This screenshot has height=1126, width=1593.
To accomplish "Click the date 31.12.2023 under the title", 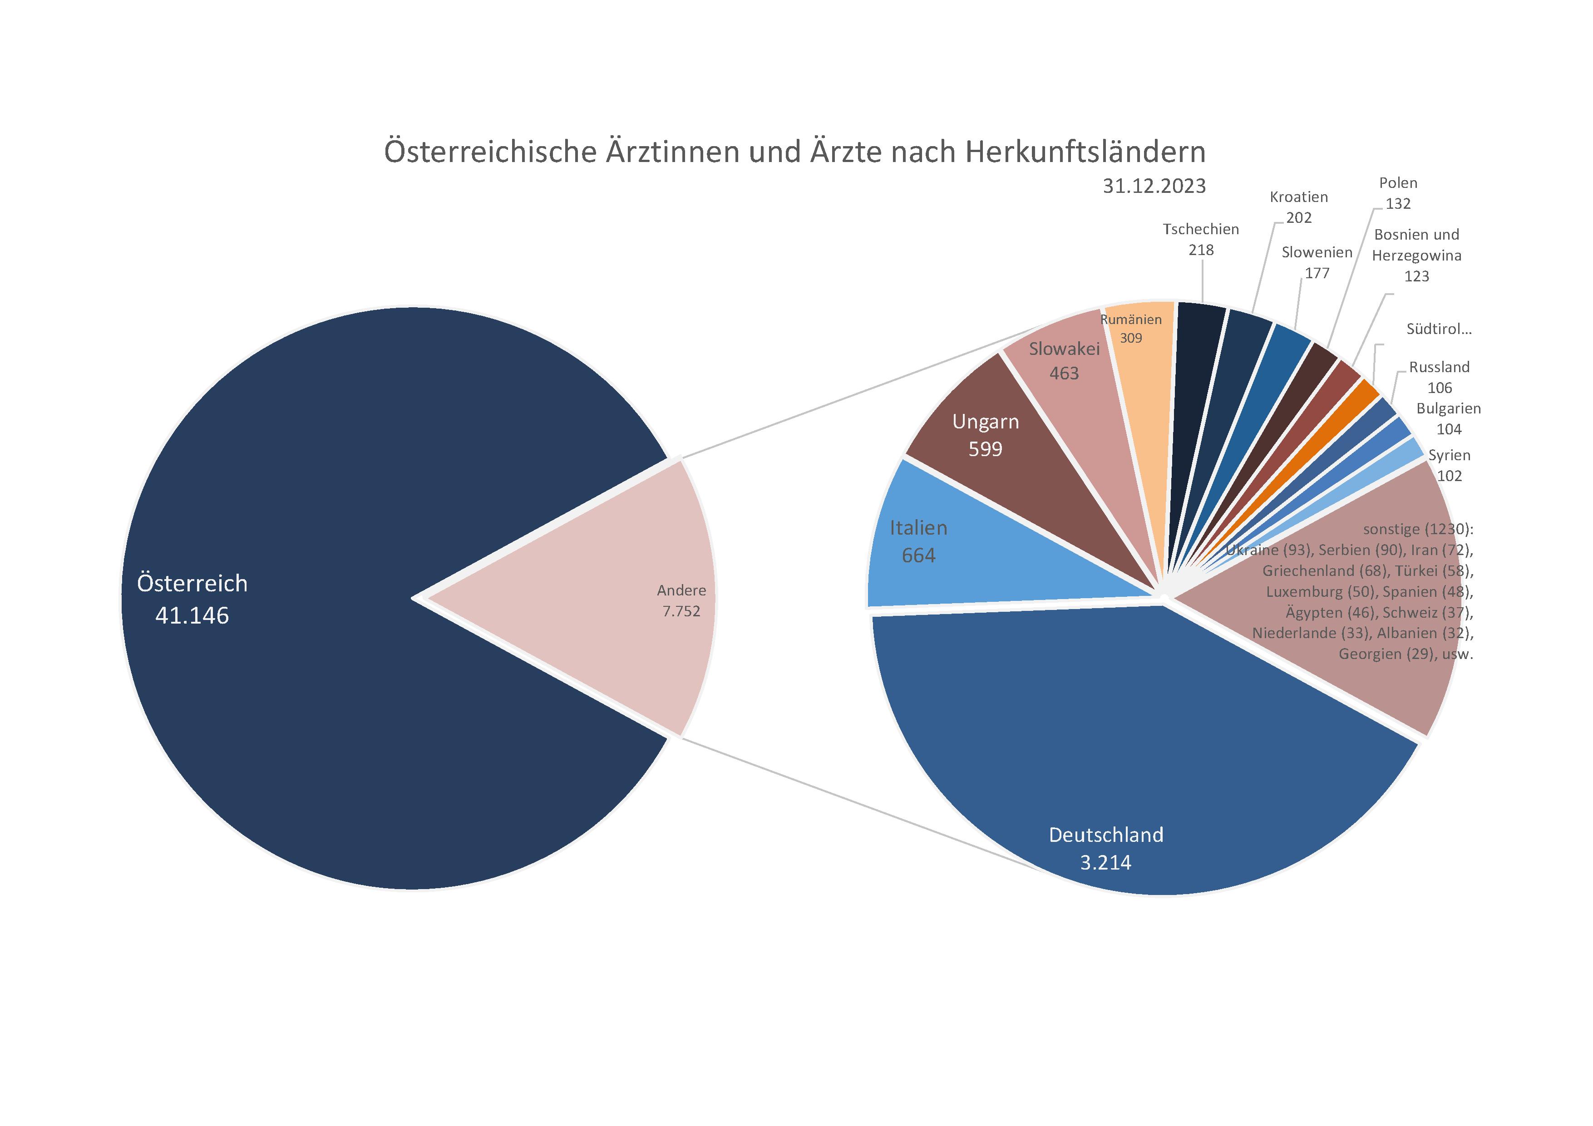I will click(1154, 186).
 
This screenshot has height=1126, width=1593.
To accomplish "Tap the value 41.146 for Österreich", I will click(192, 615).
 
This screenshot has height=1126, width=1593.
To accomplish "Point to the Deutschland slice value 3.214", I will click(1105, 862).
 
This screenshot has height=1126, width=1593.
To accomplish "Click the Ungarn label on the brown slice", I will click(985, 422).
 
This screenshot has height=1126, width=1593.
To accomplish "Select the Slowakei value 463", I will click(1064, 373).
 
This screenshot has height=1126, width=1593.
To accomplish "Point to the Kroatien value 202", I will click(1299, 218).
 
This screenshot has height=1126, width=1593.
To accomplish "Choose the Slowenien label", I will click(1317, 252).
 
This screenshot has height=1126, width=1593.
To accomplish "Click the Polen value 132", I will click(1398, 204).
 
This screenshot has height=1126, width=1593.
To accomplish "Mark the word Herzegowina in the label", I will click(1416, 256).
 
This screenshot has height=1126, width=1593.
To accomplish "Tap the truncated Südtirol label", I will click(1438, 329).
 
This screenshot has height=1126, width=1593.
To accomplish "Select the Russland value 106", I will click(1440, 388).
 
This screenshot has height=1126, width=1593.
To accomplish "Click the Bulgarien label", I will click(1449, 408).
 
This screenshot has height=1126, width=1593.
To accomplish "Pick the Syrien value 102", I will click(1450, 476).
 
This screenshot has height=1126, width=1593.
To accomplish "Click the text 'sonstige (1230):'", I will click(1417, 529).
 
